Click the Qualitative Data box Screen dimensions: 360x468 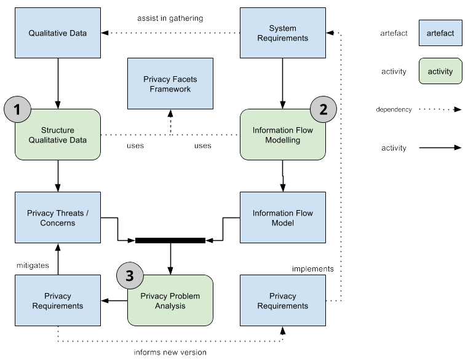57,33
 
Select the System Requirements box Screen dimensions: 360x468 282,33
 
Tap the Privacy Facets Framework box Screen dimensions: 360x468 170,84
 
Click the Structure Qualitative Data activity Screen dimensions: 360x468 57,135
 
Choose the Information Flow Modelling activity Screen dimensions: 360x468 282,135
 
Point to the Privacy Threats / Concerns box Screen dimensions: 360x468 57,217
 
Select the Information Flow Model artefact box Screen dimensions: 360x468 282,217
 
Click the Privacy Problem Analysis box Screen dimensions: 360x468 170,300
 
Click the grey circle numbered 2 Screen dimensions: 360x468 322,110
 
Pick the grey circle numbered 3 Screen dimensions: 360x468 129,276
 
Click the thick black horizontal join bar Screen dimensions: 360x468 170,240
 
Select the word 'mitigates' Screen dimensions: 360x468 32,265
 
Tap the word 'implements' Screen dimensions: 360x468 312,268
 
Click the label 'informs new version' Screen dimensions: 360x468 170,352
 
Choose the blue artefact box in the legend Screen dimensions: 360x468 440,33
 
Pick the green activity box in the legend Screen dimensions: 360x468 440,71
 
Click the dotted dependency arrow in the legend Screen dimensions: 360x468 440,109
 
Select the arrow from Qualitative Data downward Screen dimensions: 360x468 57,80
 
